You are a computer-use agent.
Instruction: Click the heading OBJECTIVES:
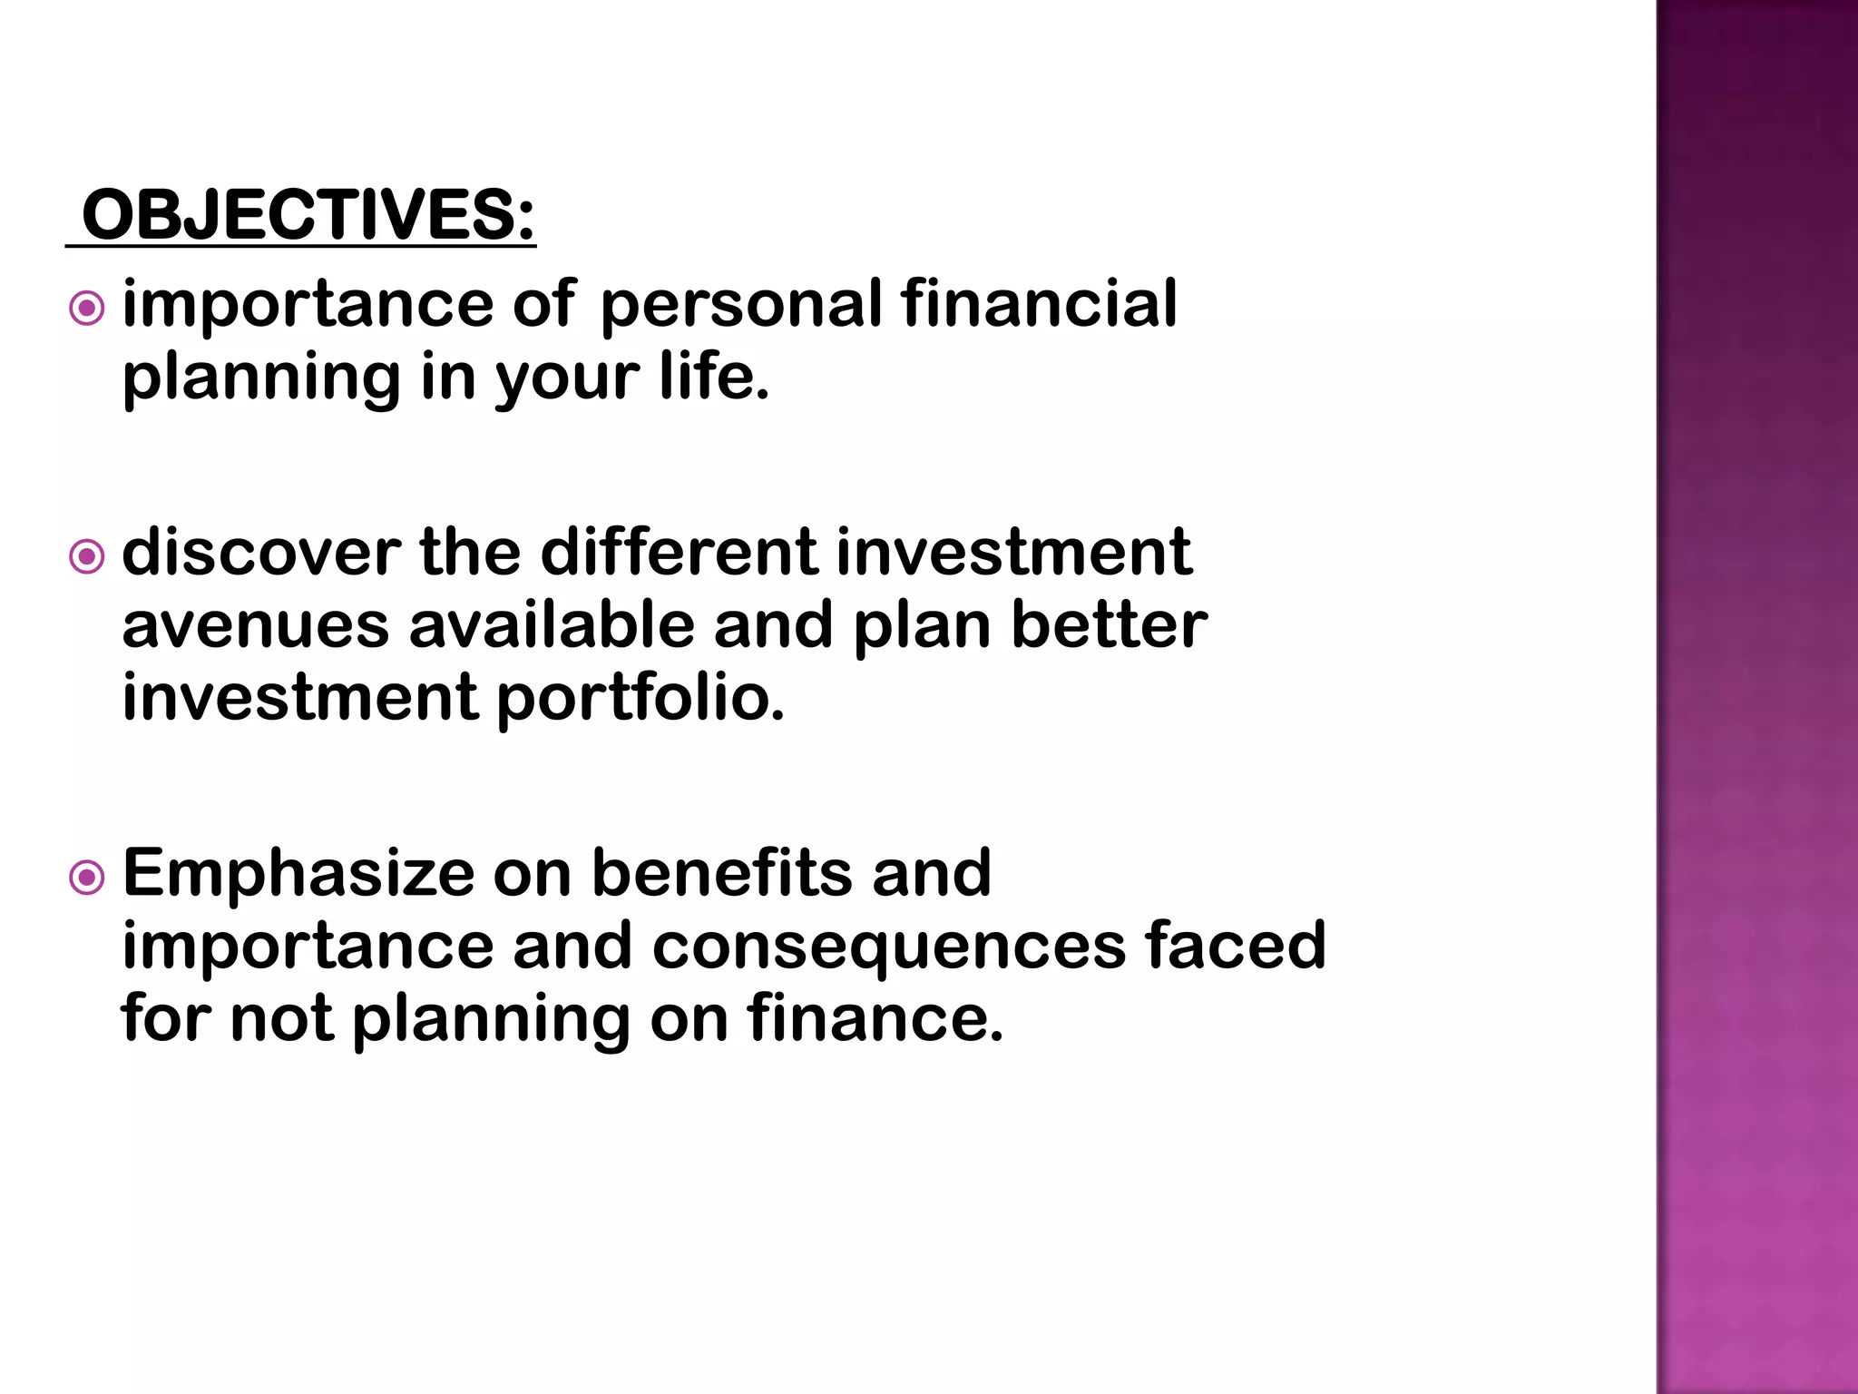pyautogui.click(x=308, y=216)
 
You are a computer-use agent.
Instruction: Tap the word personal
pyautogui.click(x=740, y=306)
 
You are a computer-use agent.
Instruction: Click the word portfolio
pyautogui.click(x=641, y=699)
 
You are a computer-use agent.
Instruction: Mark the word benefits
pyautogui.click(x=721, y=873)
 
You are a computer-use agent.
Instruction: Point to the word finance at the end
pyautogui.click(x=875, y=1017)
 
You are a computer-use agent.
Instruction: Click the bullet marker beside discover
pyautogui.click(x=87, y=556)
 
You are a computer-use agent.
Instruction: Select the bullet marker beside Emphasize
pyautogui.click(x=87, y=878)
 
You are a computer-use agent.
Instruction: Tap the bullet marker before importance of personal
pyautogui.click(x=87, y=309)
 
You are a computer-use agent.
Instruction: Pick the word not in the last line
pyautogui.click(x=281, y=1018)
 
